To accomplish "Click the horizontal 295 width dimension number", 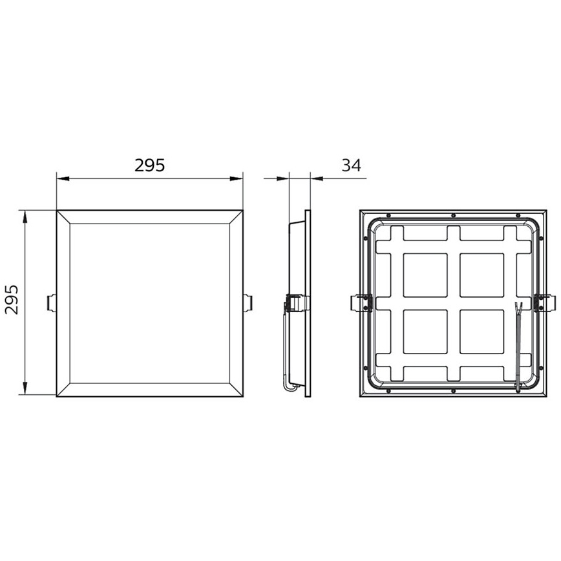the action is pos(149,165).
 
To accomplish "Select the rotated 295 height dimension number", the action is pos(12,299).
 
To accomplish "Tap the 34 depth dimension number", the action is pos(352,165).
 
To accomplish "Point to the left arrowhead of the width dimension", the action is pos(63,178).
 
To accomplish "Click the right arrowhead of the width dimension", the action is pos(237,178).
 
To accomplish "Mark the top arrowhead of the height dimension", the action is pos(25,217).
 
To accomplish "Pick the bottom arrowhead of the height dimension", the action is pos(25,388).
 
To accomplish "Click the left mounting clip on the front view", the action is pos(52,302).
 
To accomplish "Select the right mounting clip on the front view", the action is pos(248,302).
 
